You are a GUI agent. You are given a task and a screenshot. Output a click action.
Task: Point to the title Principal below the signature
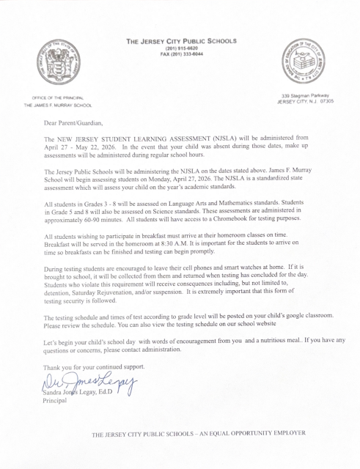click(56, 400)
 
